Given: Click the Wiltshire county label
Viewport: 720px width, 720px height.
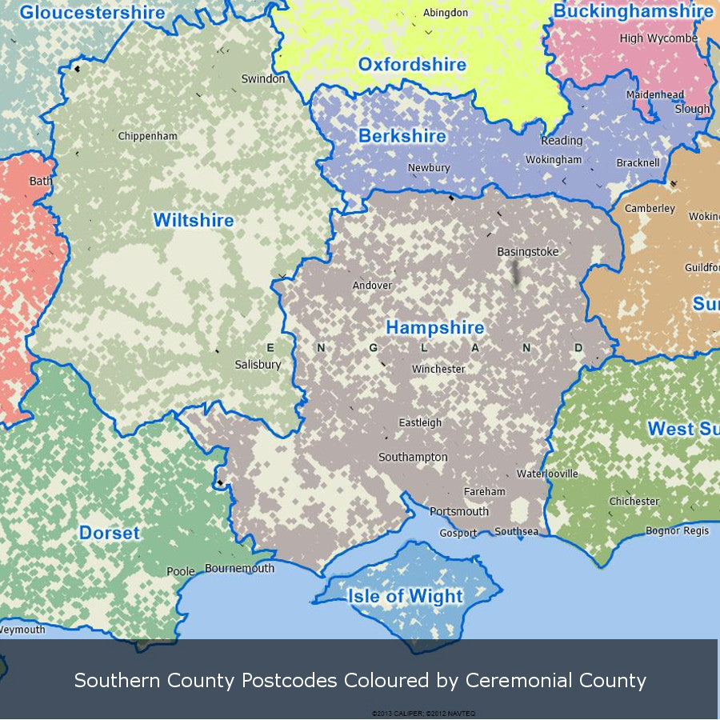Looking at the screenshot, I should coord(194,220).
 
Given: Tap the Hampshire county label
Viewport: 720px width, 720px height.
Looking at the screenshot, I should coord(435,328).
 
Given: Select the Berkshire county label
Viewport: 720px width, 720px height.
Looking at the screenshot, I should coord(402,136).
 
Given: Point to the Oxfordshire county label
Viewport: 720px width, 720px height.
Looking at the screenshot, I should coord(412,65).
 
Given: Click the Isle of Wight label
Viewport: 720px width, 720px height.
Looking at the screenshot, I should coord(405,596).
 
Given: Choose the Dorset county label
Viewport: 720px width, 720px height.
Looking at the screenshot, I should coord(110,533).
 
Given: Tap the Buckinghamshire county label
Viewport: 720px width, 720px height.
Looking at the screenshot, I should coord(633,12).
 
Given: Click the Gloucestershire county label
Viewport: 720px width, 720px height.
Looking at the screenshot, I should coord(92,13).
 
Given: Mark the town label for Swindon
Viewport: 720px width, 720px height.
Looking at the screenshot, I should coord(263,79).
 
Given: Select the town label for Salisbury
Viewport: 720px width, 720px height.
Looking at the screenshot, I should coord(258,365).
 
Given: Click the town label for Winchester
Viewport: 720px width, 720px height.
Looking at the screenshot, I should coord(438,370).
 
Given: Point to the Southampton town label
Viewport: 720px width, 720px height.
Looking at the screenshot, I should coord(413,457).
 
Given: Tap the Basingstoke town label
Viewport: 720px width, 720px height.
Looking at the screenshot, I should coord(528,252).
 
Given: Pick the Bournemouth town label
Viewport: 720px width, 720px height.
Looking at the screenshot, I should coord(240,569).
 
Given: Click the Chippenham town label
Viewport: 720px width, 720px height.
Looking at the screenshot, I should coord(148,136).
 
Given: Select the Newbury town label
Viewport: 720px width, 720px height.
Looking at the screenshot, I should coord(429,168).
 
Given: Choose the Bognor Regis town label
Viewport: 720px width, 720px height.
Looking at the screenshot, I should coord(677,530).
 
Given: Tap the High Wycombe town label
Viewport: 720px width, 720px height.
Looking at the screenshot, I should coord(658,38).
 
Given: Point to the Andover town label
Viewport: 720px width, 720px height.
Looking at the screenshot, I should coord(373,286).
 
